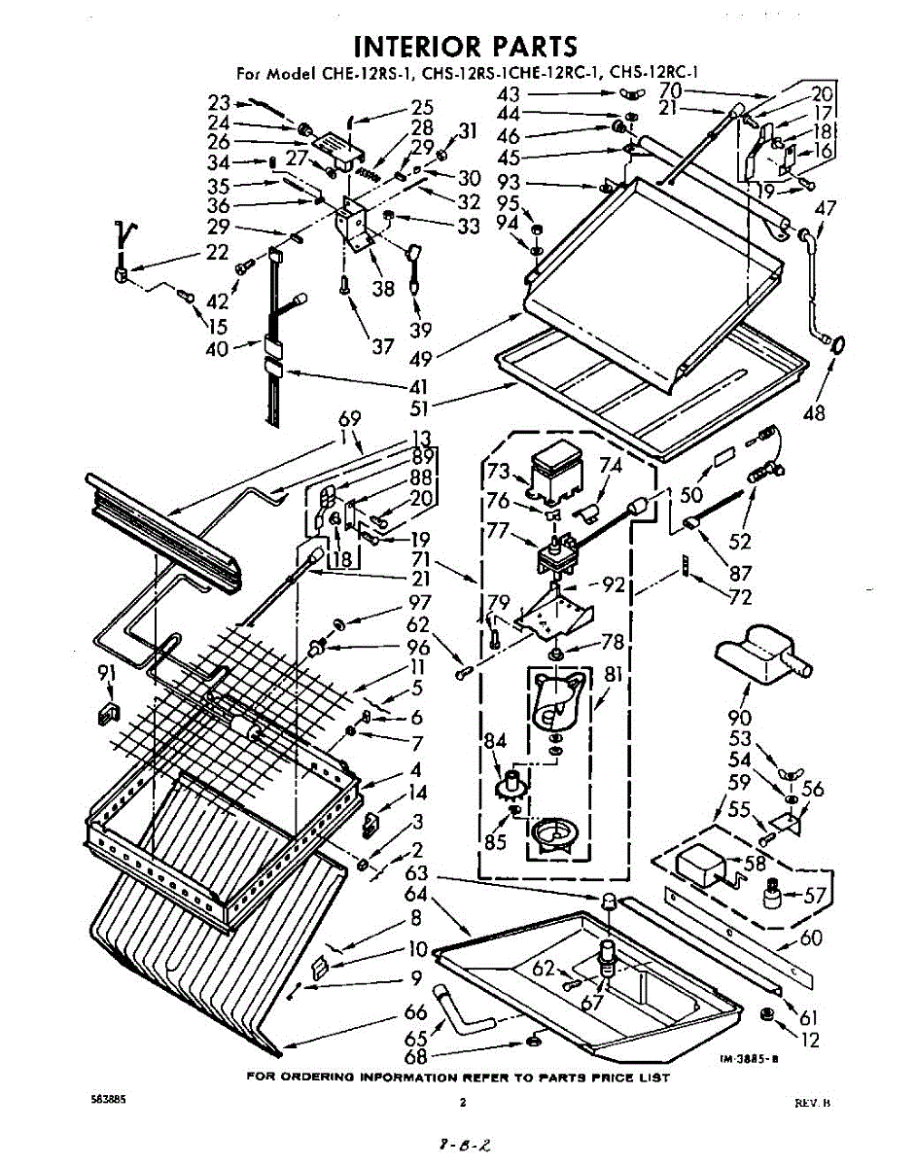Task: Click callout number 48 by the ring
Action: pos(815,412)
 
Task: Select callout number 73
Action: pos(498,472)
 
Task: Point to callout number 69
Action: pos(349,419)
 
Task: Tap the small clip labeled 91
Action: pos(106,715)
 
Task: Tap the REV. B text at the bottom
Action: pos(812,1103)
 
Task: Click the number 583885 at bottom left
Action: pos(106,1100)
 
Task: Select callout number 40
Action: pos(217,347)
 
